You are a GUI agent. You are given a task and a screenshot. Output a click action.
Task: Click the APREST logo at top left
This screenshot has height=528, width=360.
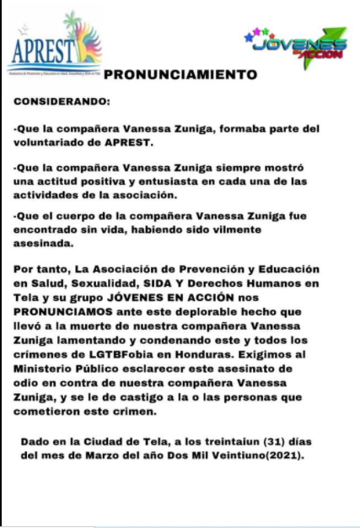(x=54, y=46)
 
